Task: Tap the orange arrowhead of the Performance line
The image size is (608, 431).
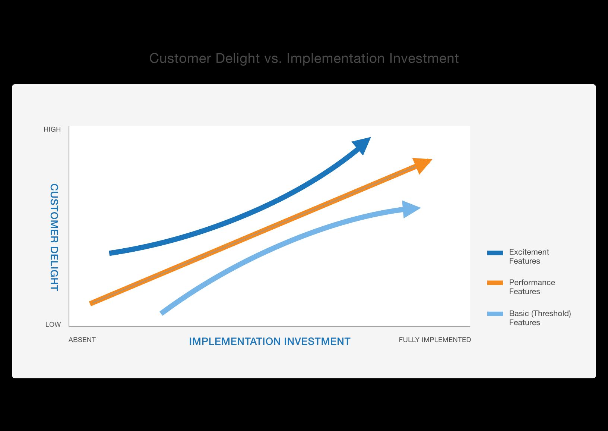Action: pyautogui.click(x=421, y=164)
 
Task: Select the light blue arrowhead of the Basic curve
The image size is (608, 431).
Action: pyautogui.click(x=409, y=209)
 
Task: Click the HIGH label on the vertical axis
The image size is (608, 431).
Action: pyautogui.click(x=52, y=129)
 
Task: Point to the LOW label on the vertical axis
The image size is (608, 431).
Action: pyautogui.click(x=53, y=324)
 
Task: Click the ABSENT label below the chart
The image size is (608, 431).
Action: pyautogui.click(x=82, y=340)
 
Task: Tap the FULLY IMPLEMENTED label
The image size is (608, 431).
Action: pyautogui.click(x=435, y=340)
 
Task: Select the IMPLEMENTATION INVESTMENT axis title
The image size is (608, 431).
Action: pyautogui.click(x=270, y=342)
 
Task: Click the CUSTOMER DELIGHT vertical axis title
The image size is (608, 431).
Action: pyautogui.click(x=54, y=237)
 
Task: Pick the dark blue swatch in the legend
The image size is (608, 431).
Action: pyautogui.click(x=495, y=253)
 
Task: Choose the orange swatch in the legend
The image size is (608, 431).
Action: pyautogui.click(x=495, y=283)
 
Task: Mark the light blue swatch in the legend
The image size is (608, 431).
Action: pyautogui.click(x=495, y=314)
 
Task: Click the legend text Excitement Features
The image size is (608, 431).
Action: pyautogui.click(x=529, y=257)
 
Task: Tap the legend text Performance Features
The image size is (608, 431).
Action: pyautogui.click(x=532, y=287)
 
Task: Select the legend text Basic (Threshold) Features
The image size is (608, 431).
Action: pyautogui.click(x=540, y=318)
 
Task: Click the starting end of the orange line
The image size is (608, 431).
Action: pyautogui.click(x=91, y=303)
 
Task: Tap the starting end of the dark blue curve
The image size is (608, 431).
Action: pyautogui.click(x=110, y=253)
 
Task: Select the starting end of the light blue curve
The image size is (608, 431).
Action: pyautogui.click(x=162, y=313)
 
